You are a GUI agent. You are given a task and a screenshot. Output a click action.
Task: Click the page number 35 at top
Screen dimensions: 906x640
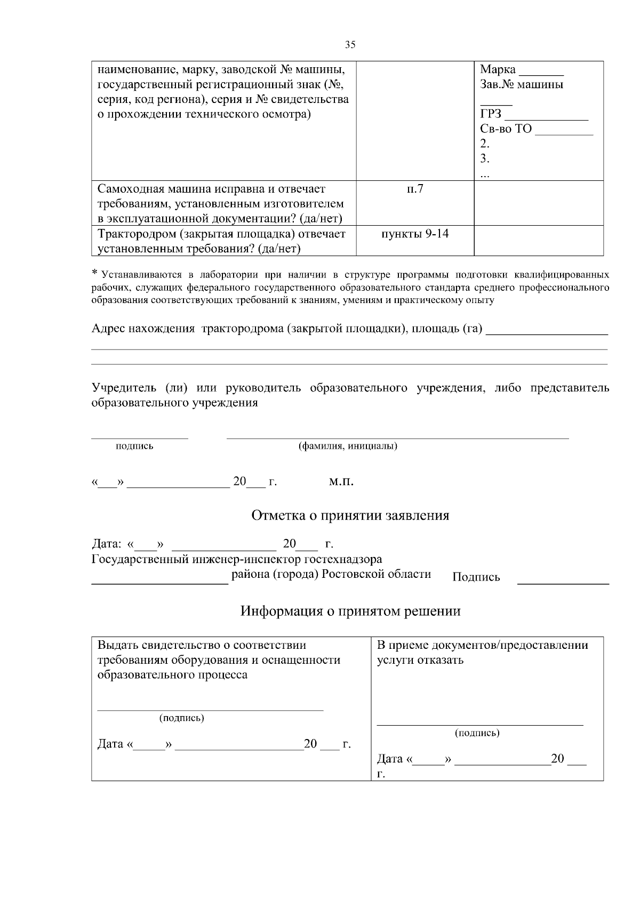(x=350, y=45)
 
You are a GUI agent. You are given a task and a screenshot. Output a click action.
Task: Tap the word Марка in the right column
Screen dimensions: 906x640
(x=498, y=69)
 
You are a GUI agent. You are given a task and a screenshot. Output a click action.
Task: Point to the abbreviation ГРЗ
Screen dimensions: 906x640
(x=491, y=114)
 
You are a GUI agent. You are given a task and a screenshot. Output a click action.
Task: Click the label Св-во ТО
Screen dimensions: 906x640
(x=506, y=129)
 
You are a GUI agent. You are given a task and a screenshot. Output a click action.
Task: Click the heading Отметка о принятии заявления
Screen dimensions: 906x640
(x=350, y=515)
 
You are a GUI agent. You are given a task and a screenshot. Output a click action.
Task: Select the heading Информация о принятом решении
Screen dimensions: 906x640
(x=350, y=611)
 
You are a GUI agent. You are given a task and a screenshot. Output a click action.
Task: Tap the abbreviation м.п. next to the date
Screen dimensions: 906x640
(x=341, y=482)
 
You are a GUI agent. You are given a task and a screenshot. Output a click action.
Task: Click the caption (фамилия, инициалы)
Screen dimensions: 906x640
(x=347, y=446)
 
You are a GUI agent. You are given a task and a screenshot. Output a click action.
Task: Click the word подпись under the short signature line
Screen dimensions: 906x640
(x=134, y=446)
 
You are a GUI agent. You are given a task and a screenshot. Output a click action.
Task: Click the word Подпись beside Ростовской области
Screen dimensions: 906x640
(x=476, y=577)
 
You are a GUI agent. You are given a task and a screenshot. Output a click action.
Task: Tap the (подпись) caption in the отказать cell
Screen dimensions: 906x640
(x=477, y=733)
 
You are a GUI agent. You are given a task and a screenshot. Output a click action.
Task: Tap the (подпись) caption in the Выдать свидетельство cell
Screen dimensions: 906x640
(x=182, y=718)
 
